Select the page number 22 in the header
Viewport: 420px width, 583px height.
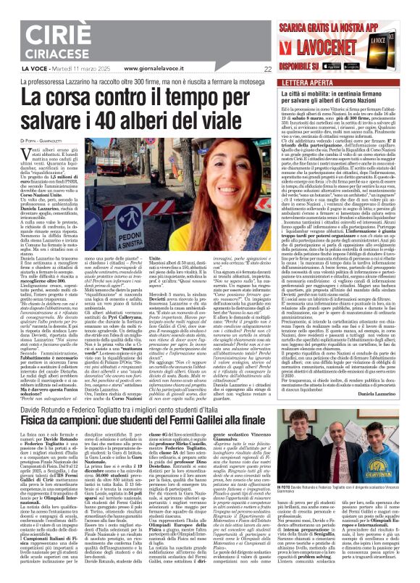click(x=267, y=68)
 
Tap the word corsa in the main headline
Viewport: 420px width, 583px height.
click(x=86, y=95)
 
